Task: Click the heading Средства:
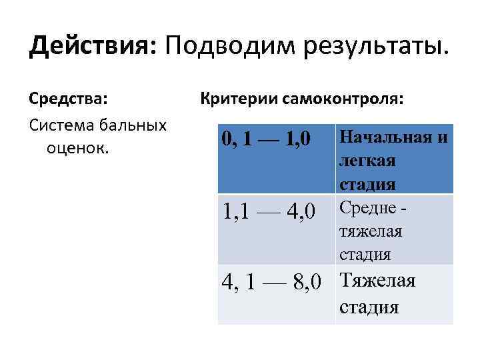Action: pos(67,101)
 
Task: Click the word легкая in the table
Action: pos(367,161)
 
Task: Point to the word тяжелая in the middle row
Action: pos(371,231)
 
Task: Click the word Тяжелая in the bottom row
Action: pos(377,281)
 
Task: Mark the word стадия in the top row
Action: pos(367,183)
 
